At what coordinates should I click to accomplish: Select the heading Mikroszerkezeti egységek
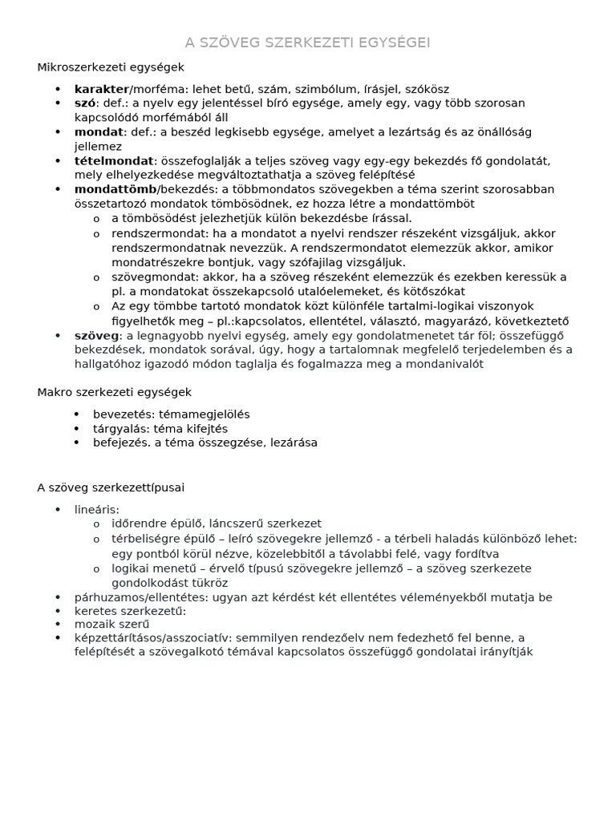[x=111, y=67]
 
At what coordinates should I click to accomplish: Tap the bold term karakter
[x=101, y=89]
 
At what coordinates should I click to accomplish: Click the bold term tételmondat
[x=113, y=160]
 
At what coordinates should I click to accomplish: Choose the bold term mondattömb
[x=115, y=189]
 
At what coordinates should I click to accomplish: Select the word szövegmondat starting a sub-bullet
[x=148, y=277]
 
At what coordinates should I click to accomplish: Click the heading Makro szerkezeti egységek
[x=114, y=392]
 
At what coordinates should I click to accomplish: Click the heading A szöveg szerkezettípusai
[x=111, y=487]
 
